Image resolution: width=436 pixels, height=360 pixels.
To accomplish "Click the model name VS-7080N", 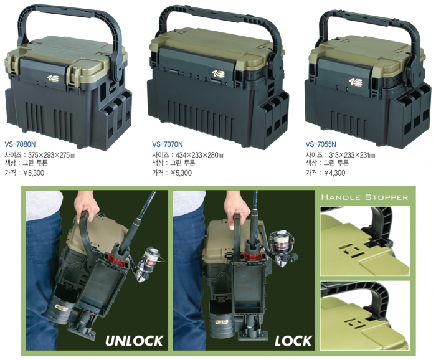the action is (x=21, y=144).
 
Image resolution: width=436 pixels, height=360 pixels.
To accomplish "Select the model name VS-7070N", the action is (x=168, y=144).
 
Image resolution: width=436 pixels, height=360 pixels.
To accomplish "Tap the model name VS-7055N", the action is (x=321, y=144).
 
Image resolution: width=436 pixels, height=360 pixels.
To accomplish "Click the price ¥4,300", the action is (x=334, y=173).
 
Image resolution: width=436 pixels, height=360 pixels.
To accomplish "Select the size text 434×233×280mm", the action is (x=200, y=155).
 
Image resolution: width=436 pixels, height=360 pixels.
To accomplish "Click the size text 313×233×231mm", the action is (x=353, y=155).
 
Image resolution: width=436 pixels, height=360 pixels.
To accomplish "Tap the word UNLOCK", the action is (x=134, y=341).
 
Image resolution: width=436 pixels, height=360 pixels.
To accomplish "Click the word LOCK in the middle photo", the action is (x=293, y=341).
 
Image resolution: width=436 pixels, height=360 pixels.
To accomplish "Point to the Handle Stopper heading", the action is (x=364, y=197).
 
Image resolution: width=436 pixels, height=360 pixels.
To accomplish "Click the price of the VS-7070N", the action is (x=181, y=173).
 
